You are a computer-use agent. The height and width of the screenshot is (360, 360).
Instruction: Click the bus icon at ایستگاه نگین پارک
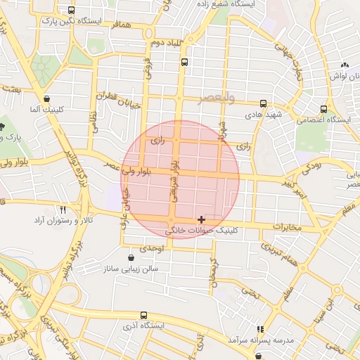point(70,11)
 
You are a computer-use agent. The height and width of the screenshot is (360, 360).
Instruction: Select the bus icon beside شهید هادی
point(263,103)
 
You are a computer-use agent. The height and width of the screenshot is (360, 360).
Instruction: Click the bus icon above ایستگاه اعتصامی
point(323,109)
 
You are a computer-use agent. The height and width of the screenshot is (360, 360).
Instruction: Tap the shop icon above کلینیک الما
point(46,98)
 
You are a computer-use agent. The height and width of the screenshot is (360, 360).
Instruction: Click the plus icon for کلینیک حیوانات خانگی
point(202,220)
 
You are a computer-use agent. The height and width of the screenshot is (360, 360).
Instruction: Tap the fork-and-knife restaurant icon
point(63,210)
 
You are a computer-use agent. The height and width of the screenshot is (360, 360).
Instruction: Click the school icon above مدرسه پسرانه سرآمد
point(260,328)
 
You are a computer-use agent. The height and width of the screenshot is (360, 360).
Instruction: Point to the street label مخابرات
point(288,227)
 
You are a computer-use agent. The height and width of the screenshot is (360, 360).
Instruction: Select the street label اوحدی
point(151,248)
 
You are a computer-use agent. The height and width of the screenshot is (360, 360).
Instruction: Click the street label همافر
point(120,24)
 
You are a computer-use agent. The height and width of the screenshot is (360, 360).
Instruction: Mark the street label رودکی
point(310,167)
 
